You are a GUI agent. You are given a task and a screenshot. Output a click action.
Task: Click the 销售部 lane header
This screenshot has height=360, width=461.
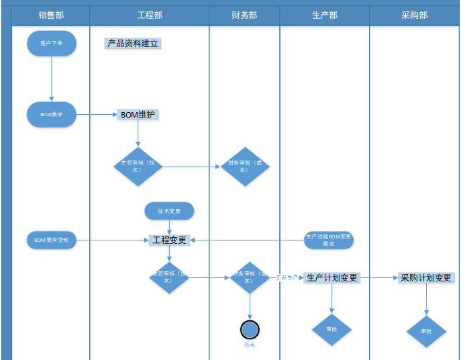tap(51, 15)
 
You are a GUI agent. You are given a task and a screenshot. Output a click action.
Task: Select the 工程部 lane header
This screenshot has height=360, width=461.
tap(150, 15)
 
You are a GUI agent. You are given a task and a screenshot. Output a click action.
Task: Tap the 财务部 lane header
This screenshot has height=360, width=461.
tap(244, 15)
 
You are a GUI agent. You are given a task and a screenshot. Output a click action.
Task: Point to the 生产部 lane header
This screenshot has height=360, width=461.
tap(325, 15)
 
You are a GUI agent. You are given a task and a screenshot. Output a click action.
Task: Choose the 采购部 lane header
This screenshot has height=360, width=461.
tap(414, 15)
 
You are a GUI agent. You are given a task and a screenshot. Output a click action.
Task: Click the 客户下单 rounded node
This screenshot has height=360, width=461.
tap(52, 43)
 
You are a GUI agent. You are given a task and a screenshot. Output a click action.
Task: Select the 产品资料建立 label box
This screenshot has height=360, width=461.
tap(133, 44)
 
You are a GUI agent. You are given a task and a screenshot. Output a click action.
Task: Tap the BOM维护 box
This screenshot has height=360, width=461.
tap(138, 115)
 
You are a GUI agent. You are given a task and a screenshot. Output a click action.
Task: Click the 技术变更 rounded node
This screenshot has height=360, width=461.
tap(169, 211)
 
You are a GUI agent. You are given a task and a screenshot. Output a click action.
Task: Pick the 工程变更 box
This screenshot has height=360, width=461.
tap(170, 240)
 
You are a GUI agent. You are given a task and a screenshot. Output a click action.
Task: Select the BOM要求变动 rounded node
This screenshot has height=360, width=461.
tap(52, 240)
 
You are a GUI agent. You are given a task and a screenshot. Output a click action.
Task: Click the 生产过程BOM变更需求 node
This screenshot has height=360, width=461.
tap(328, 240)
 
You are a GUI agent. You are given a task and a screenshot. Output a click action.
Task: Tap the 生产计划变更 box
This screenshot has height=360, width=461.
tap(332, 277)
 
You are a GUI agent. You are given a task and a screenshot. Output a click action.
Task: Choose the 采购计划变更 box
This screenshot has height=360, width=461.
tap(426, 277)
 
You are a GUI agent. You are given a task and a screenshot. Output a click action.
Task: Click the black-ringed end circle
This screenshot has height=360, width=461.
tap(250, 329)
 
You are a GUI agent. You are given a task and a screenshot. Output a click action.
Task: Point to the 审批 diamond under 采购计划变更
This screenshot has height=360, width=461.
tap(426, 331)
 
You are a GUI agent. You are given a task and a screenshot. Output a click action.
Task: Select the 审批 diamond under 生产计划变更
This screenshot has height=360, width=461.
tap(331, 330)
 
